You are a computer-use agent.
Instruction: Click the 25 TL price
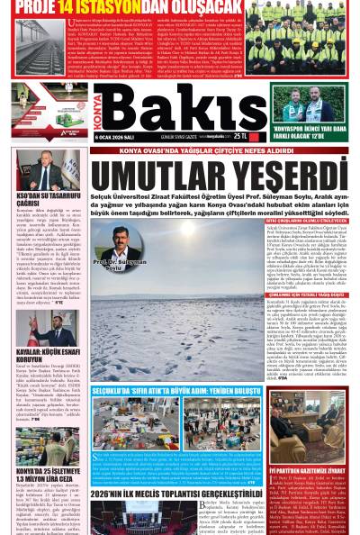tap(240, 135)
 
